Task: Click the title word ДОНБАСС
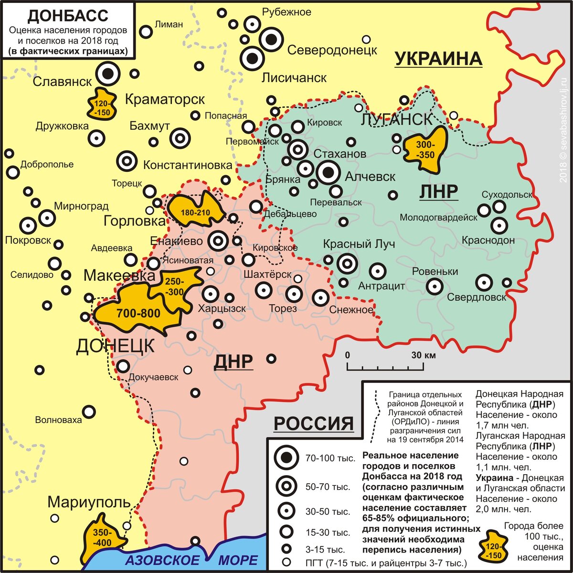tap(67, 15)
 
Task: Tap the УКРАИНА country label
tap(438, 58)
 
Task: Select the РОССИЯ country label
tap(314, 423)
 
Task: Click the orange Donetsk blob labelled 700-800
tap(138, 313)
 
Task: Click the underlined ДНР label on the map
tap(233, 361)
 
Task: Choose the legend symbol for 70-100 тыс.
tap(286, 458)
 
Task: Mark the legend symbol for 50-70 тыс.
tap(286, 486)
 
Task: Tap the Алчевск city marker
tap(328, 172)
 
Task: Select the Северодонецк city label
tap(332, 50)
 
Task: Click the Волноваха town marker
tap(89, 412)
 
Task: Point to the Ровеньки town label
tap(435, 271)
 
